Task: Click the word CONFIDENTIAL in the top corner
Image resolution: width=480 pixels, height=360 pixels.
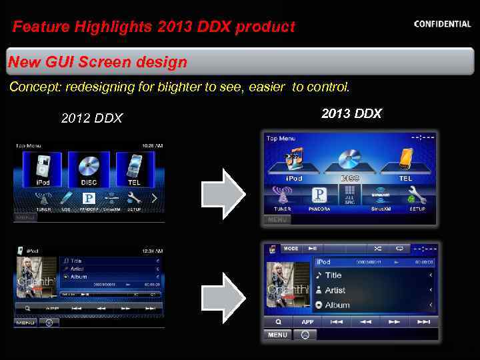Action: click(x=442, y=24)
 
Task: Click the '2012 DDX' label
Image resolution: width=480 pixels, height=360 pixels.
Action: click(x=92, y=118)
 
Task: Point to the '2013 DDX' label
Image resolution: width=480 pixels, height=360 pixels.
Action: click(x=351, y=113)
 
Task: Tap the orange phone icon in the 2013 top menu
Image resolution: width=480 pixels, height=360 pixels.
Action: click(x=406, y=159)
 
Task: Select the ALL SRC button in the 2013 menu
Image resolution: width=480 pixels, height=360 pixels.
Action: click(x=350, y=195)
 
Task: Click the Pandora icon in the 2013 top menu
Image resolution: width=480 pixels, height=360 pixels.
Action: click(x=319, y=195)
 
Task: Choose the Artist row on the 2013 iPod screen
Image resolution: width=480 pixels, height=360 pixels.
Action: click(x=373, y=290)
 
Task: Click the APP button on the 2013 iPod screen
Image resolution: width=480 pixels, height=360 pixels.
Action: click(x=307, y=321)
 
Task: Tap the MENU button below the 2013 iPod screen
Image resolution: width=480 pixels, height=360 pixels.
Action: click(x=278, y=335)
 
